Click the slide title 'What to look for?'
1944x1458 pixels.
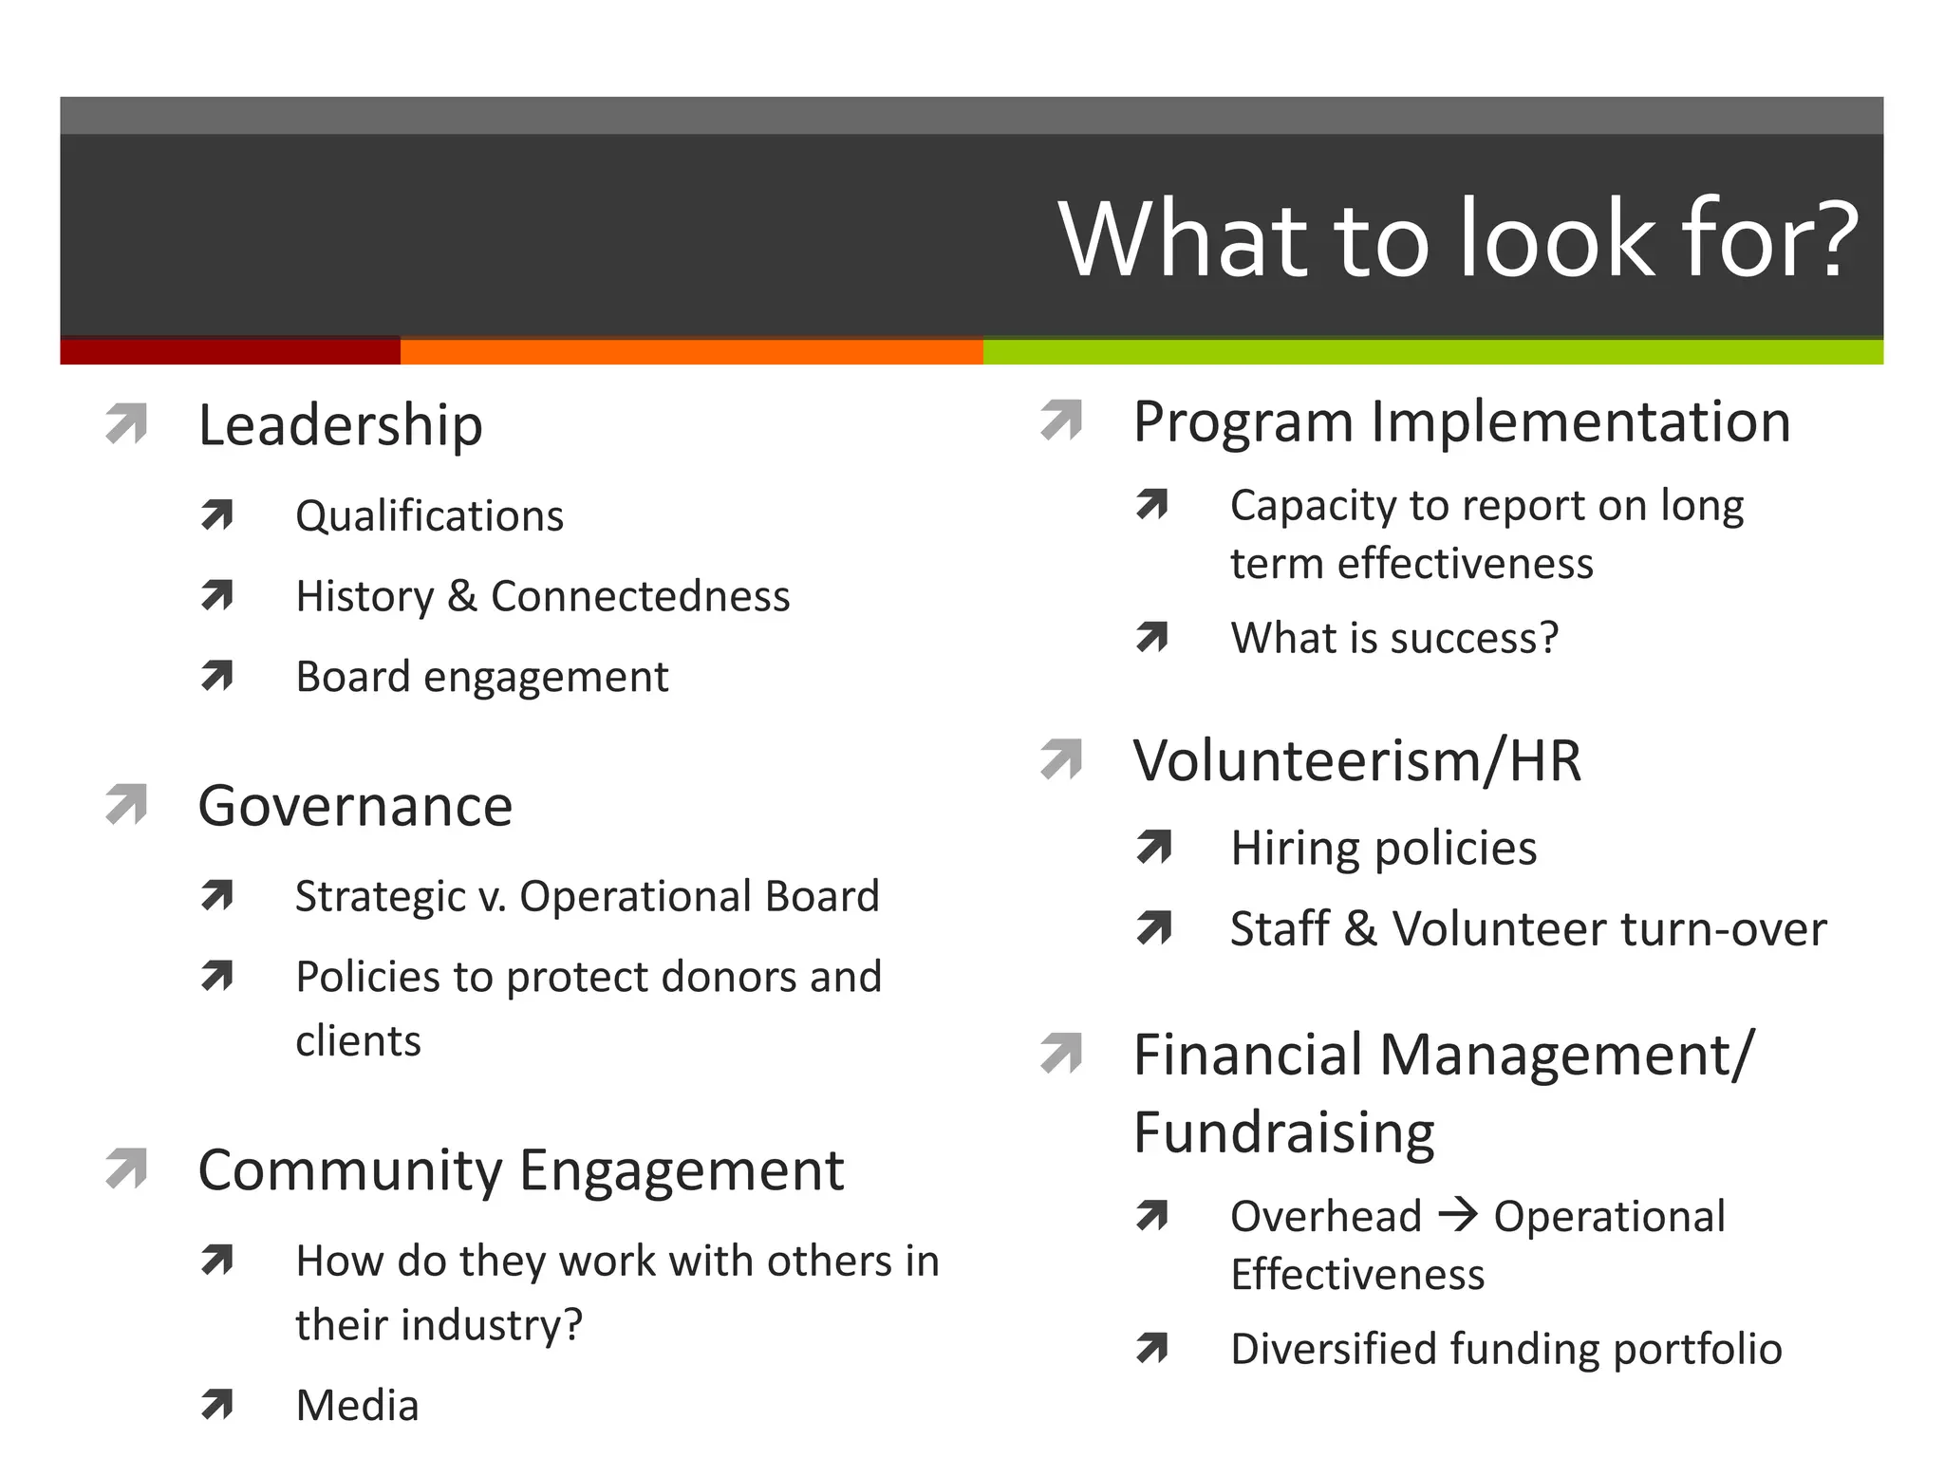(1458, 239)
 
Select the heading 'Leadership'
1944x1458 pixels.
(340, 425)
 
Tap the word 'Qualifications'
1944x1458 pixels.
(429, 516)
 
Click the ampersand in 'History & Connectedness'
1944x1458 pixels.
(461, 597)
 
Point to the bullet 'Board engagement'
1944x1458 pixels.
(481, 678)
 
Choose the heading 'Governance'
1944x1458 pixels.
(355, 807)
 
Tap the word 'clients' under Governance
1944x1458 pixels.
(358, 1041)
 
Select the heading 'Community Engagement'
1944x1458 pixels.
(520, 1170)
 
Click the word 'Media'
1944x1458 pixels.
(357, 1406)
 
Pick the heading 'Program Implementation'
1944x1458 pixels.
(1462, 421)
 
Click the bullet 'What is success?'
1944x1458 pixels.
(1393, 638)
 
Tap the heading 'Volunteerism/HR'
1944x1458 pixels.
(1357, 761)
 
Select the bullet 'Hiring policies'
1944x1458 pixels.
(1383, 849)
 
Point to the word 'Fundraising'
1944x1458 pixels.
(1283, 1132)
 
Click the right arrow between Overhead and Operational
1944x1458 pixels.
(1458, 1215)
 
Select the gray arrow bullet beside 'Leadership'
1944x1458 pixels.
(127, 423)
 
